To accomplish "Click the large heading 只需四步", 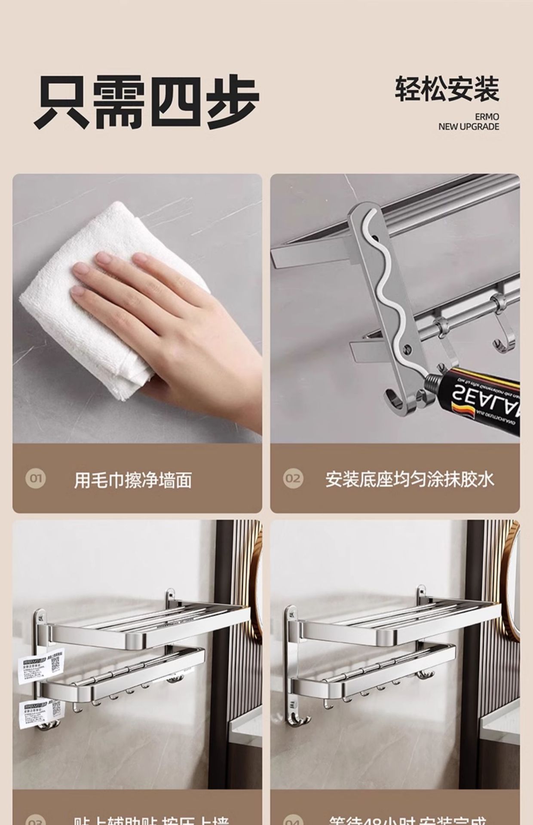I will click(146, 102).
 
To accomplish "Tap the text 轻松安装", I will click(447, 89).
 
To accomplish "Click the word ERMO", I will click(487, 117).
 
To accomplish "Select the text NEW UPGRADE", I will click(469, 127).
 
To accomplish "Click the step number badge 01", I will click(35, 478).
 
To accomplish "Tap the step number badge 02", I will click(293, 478).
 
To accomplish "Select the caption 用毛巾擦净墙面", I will click(133, 480).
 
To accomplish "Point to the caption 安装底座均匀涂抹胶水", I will click(410, 480).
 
